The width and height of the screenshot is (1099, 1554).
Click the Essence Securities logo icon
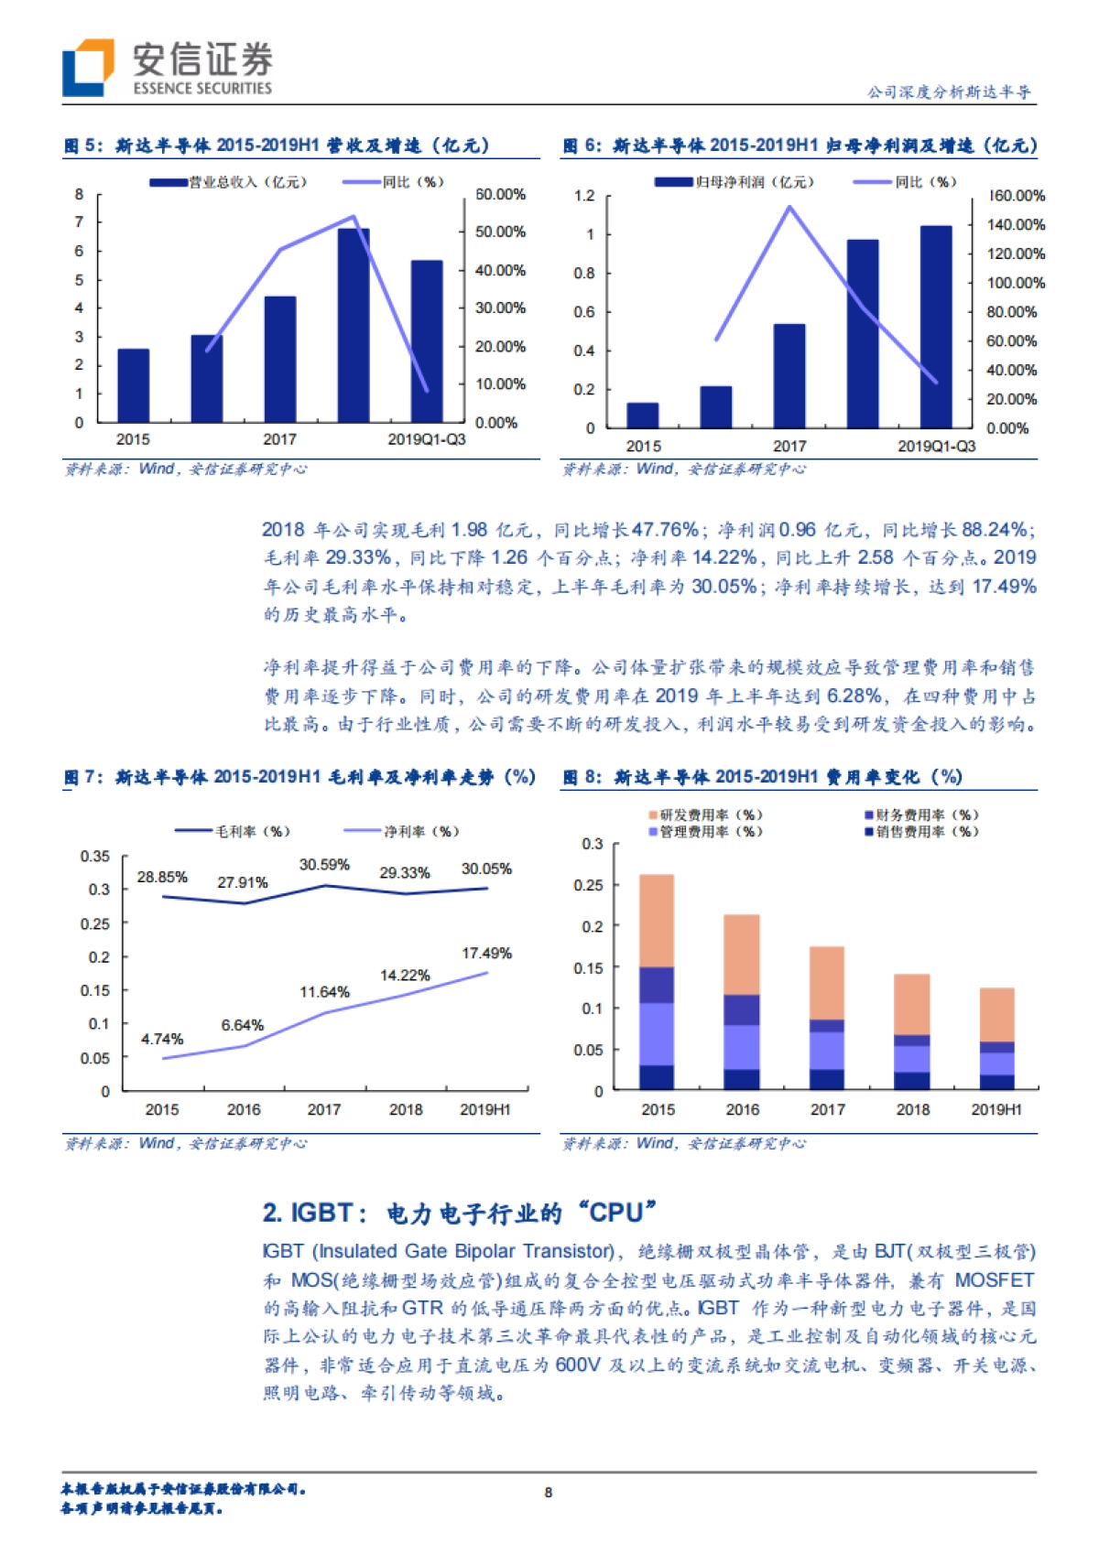88,67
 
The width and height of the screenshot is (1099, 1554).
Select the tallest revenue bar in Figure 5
354,325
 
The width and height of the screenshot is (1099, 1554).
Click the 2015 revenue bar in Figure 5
134,384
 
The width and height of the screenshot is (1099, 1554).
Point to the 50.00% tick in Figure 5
500,232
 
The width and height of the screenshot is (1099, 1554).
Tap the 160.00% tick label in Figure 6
1017,196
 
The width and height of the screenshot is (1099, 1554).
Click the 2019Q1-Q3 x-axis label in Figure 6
936,446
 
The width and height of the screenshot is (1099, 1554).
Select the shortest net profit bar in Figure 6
643,415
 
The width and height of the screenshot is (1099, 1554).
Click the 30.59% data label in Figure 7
324,865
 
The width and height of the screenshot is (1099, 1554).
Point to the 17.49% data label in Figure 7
486,954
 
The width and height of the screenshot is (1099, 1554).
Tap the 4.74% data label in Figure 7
162,1040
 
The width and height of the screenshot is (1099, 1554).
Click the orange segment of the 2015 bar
657,920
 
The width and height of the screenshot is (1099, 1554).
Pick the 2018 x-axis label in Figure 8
913,1109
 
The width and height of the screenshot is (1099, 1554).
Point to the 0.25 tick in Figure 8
588,885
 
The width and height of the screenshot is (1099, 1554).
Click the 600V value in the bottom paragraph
578,1365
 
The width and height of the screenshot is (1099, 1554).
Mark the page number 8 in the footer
549,1493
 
